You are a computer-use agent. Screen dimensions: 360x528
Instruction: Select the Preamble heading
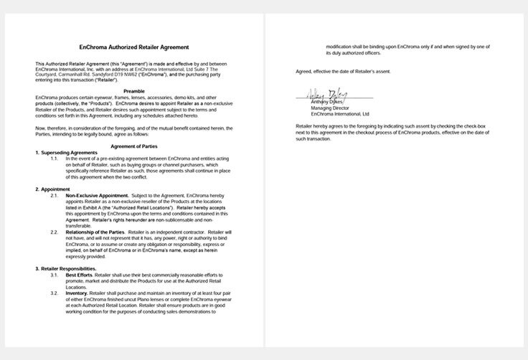click(x=135, y=91)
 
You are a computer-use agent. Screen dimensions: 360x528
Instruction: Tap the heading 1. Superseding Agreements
click(x=67, y=152)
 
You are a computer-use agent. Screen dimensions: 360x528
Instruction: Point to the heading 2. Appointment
click(x=55, y=189)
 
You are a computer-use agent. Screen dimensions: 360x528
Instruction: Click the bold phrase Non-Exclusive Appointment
click(x=98, y=195)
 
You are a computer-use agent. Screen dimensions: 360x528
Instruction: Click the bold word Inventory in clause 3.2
click(x=77, y=293)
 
